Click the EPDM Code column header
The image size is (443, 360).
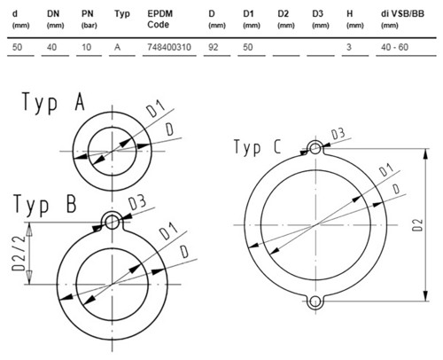coord(160,19)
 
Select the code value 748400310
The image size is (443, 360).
coord(169,47)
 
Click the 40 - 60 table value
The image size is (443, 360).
coord(394,47)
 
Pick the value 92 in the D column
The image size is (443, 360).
coord(214,47)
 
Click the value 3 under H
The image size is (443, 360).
coord(349,47)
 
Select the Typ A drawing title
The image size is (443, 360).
coord(53,102)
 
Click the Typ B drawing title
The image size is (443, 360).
coord(45,205)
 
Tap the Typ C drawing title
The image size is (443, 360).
coord(257,147)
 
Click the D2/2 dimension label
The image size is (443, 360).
coord(19,254)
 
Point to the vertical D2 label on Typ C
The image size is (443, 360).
coord(417,225)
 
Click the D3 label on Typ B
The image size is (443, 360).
coord(137,202)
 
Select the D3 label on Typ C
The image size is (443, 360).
coord(338,134)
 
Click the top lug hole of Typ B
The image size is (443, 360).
coord(112,222)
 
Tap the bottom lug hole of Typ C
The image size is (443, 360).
coord(315,301)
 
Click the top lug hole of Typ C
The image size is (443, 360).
coord(315,148)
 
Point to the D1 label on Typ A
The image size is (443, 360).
coord(155,109)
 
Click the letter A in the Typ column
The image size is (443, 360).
coord(118,47)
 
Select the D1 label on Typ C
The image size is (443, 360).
coord(386,169)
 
